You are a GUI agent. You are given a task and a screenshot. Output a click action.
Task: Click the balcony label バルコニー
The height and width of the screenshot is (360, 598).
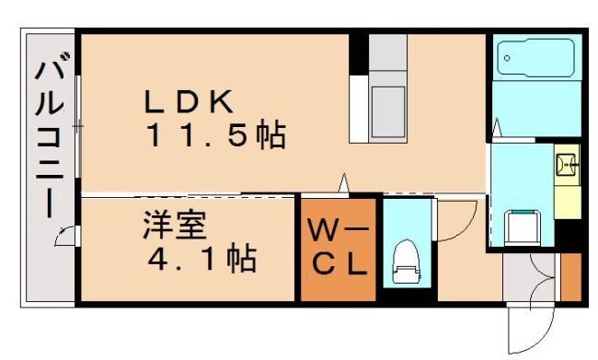[45, 137]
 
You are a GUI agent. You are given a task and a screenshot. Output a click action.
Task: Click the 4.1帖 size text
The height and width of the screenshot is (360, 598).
[201, 260]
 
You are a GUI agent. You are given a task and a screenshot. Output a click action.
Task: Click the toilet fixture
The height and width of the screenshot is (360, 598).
[405, 263]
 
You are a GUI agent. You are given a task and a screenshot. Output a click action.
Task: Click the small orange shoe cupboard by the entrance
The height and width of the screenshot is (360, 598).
[570, 276]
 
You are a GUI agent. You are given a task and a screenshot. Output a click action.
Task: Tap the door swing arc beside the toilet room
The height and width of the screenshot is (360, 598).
[455, 221]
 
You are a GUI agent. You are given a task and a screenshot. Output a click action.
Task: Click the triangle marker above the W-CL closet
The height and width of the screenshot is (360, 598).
[344, 183]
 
